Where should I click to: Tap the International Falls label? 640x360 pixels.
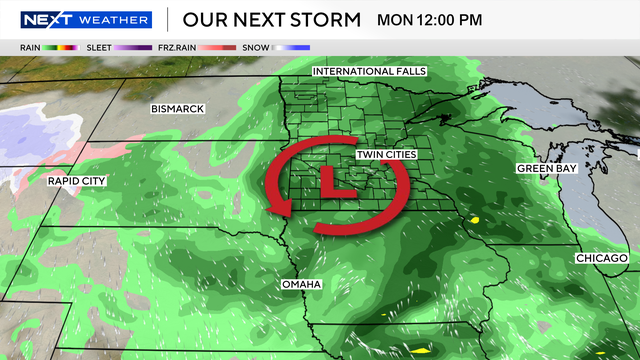tap(369, 72)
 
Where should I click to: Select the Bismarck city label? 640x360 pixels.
tap(177, 108)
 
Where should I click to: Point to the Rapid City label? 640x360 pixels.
tap(76, 181)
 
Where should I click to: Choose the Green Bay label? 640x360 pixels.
tap(546, 169)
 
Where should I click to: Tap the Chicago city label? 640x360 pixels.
tap(601, 258)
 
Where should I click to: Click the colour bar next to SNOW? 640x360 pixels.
tap(294, 47)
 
